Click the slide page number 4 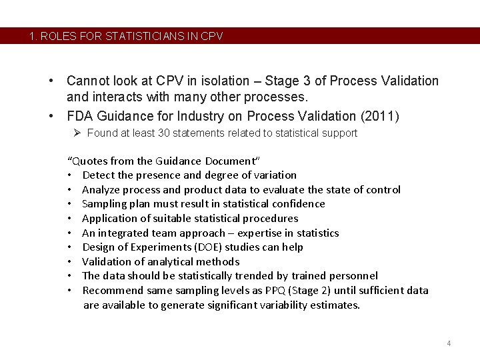pyautogui.click(x=449, y=343)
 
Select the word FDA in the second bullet pyautogui.click(x=81, y=116)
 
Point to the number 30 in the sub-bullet pyautogui.click(x=164, y=133)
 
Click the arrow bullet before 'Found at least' pyautogui.click(x=77, y=133)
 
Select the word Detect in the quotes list pyautogui.click(x=98, y=175)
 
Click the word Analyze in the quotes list pyautogui.click(x=101, y=189)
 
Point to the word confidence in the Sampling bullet pyautogui.click(x=297, y=203)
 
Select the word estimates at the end pyautogui.click(x=336, y=305)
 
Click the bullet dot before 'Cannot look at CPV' pyautogui.click(x=51, y=81)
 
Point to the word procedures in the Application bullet pyautogui.click(x=270, y=218)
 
